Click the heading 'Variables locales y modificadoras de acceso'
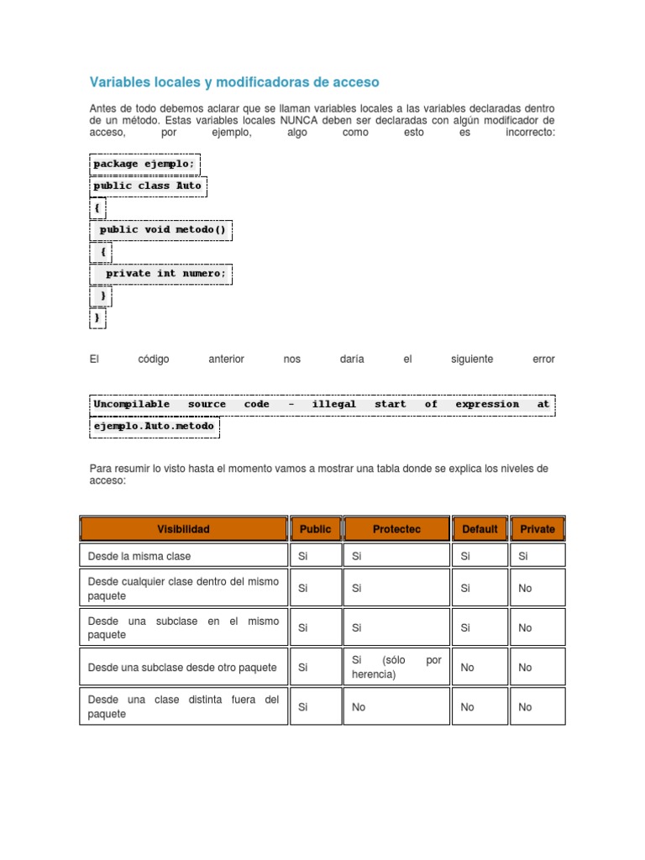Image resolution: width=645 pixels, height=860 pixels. click(234, 81)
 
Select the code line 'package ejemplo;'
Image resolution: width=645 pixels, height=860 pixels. click(144, 163)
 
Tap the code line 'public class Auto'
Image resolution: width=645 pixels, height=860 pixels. click(147, 185)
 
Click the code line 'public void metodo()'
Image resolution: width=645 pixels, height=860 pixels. click(162, 228)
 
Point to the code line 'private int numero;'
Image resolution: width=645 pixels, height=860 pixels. click(165, 273)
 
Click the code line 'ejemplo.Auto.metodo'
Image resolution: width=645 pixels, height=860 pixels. click(154, 426)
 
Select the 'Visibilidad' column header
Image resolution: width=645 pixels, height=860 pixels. click(183, 529)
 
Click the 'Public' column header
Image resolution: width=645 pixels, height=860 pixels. click(315, 529)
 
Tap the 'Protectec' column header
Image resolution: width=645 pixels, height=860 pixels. click(396, 529)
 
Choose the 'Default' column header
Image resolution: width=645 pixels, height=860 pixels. click(480, 529)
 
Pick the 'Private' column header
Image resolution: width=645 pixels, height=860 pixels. click(537, 529)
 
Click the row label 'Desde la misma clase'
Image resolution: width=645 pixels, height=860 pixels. click(139, 556)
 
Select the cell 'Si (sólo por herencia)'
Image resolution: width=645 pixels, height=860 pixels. click(396, 667)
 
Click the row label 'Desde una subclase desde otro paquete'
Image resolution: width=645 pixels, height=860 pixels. click(182, 668)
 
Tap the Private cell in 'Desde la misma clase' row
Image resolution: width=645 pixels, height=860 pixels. click(523, 556)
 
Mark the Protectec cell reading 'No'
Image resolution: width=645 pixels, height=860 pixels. click(359, 707)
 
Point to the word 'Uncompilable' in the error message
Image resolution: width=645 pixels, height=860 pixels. click(132, 404)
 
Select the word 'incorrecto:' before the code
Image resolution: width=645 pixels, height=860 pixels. click(530, 133)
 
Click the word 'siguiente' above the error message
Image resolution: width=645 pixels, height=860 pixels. click(472, 359)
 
